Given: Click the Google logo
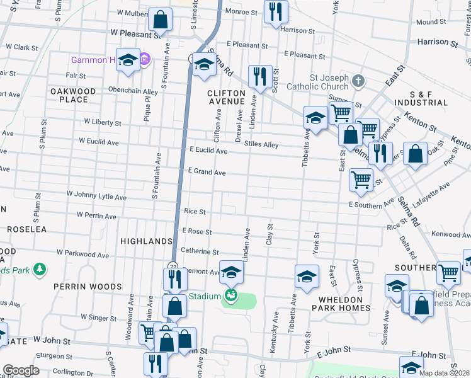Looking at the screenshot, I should pos(21,370).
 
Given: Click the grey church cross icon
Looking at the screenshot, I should pos(358,81).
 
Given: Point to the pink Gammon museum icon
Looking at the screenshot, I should pos(144,59).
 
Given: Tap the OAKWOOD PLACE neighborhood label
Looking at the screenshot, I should pos(74,95).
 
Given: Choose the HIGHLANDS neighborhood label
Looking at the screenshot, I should pos(146,241).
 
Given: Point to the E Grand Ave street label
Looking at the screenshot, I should pos(207,172).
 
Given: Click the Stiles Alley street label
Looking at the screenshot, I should pos(261,145).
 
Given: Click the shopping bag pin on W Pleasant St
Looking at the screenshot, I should pos(161,20).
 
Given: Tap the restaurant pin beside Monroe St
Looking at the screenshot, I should pos(276,13).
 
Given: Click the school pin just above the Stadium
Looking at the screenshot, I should pos(231,273).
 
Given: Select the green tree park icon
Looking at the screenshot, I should pos(39,270).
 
